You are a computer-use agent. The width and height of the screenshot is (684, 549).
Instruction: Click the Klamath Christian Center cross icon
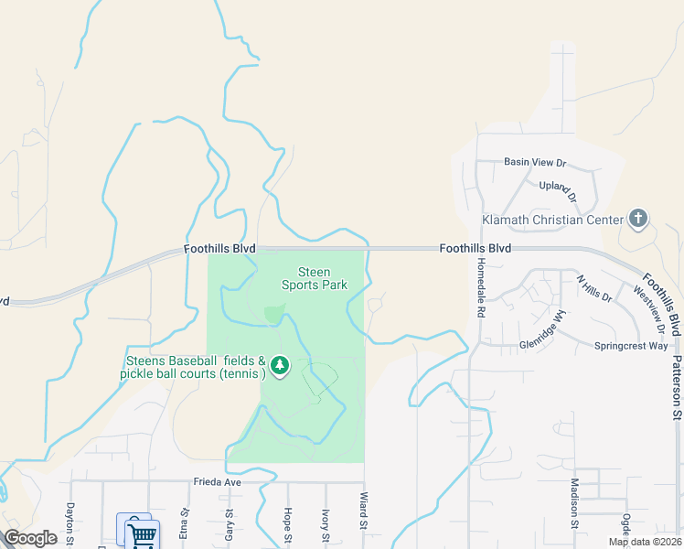638,219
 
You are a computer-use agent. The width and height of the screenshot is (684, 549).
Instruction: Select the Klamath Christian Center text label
552,220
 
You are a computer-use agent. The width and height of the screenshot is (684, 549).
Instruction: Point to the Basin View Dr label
535,162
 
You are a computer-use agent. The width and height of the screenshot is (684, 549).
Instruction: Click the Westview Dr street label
649,307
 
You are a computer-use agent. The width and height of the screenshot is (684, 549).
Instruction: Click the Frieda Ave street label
216,481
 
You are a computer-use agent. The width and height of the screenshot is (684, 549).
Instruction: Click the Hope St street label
287,524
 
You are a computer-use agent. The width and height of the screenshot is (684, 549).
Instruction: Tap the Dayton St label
69,524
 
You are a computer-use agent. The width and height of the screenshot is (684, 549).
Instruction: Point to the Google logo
30,538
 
